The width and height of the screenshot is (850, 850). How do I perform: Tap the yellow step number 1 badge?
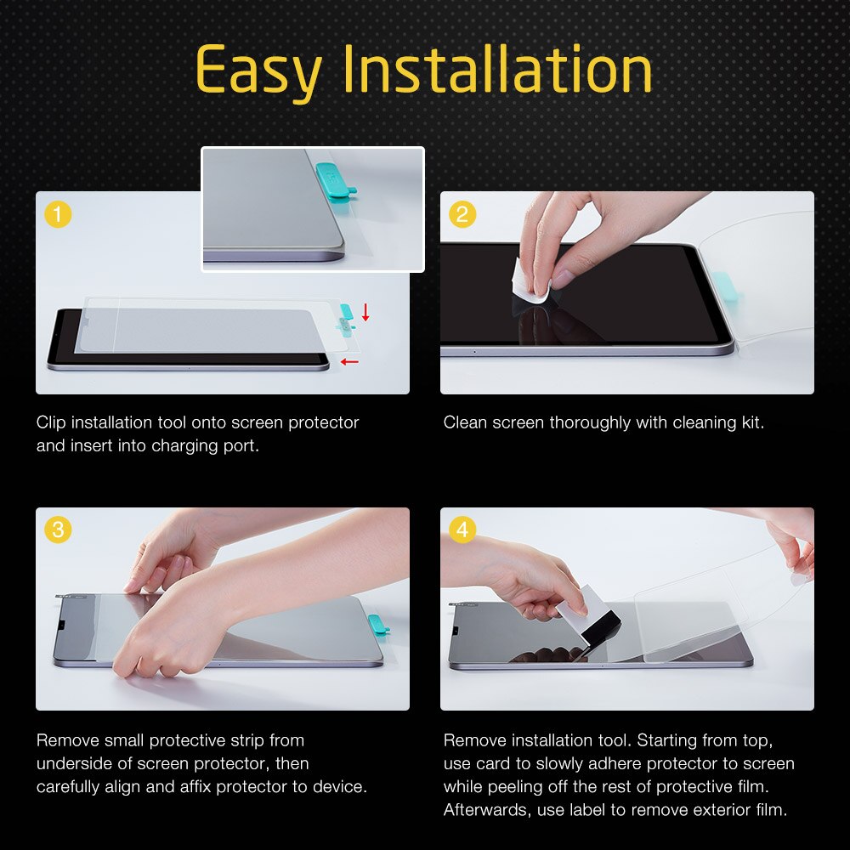57,214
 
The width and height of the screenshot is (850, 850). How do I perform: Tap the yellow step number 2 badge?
462,214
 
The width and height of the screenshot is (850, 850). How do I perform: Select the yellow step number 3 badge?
57,530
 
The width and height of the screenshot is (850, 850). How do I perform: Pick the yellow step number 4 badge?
462,530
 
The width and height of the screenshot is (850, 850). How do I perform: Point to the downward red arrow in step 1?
365,312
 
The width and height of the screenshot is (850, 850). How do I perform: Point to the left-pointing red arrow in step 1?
348,362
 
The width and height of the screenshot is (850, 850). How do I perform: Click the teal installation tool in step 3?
377,627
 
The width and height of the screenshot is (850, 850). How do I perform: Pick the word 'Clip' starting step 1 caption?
51,422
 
